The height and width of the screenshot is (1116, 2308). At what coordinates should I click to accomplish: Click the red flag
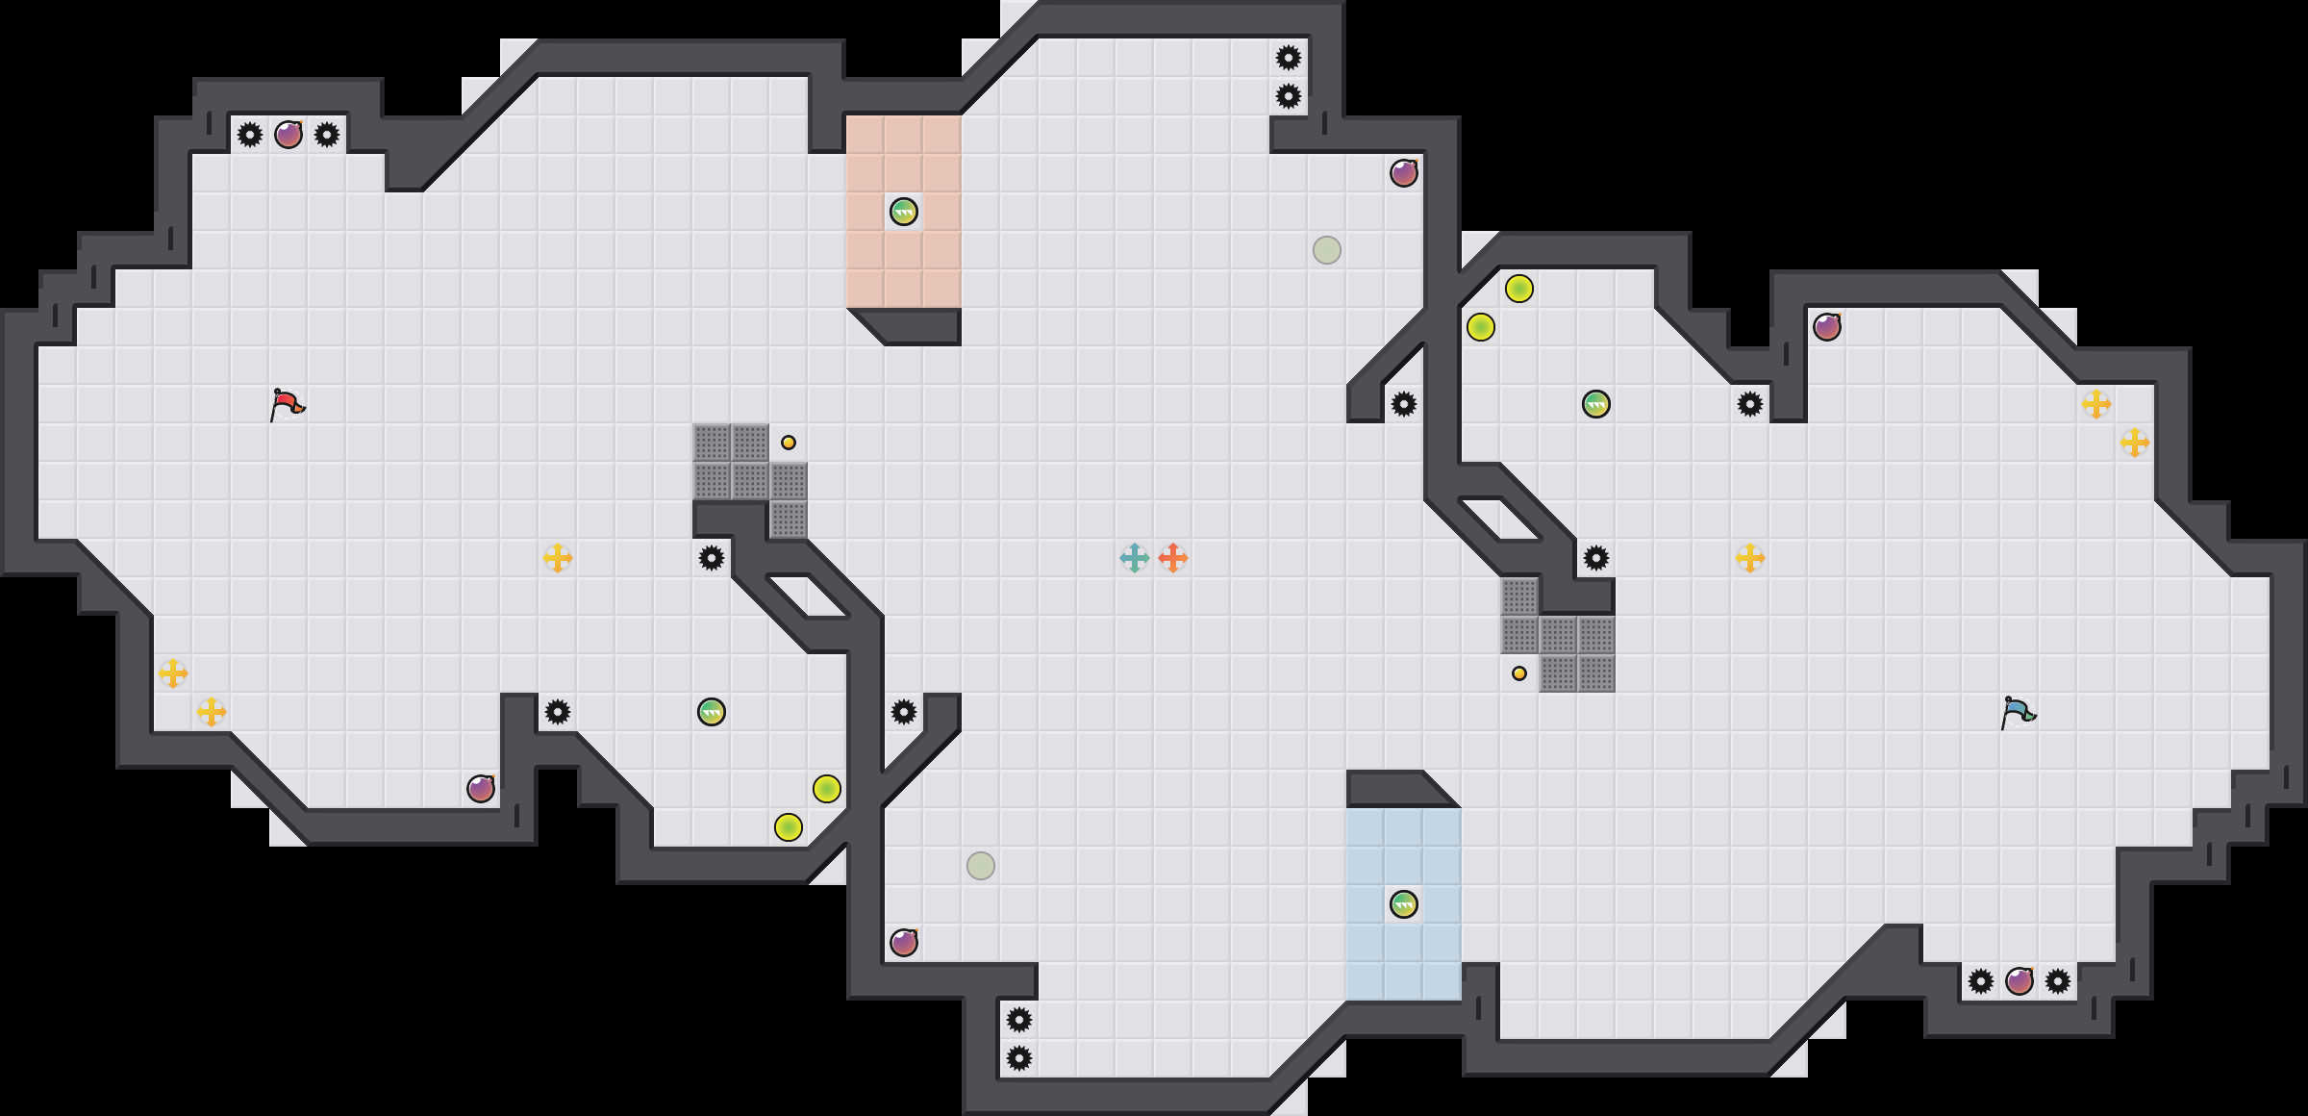click(x=287, y=404)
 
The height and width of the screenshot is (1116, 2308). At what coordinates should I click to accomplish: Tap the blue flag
click(x=2018, y=712)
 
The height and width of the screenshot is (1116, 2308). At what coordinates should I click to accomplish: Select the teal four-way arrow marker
click(x=1135, y=558)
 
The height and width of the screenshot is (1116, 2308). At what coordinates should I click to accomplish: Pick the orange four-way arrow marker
click(x=1173, y=558)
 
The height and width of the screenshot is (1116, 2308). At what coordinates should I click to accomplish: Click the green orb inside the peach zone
click(x=904, y=212)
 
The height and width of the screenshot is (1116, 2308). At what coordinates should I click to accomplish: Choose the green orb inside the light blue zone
click(x=1404, y=904)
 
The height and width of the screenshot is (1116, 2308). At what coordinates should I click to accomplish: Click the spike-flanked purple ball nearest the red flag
click(x=288, y=135)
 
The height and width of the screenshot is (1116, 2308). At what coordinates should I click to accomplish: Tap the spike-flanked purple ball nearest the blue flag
click(x=2019, y=981)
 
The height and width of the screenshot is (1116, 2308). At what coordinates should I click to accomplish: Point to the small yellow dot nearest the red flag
click(x=789, y=443)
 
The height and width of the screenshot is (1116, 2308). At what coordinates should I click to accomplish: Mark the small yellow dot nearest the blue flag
click(x=1519, y=673)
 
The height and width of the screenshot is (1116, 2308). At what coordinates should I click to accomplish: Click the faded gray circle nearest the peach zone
click(x=1327, y=250)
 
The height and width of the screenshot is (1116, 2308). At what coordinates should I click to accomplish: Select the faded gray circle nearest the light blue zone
click(x=981, y=866)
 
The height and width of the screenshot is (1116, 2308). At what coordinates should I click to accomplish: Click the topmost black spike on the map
click(x=1289, y=58)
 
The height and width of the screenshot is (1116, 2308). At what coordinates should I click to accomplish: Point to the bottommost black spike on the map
click(x=1019, y=1058)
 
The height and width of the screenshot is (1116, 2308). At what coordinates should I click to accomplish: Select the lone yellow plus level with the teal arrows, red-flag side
click(x=558, y=558)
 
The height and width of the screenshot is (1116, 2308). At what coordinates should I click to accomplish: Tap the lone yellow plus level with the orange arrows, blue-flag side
click(x=1750, y=558)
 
